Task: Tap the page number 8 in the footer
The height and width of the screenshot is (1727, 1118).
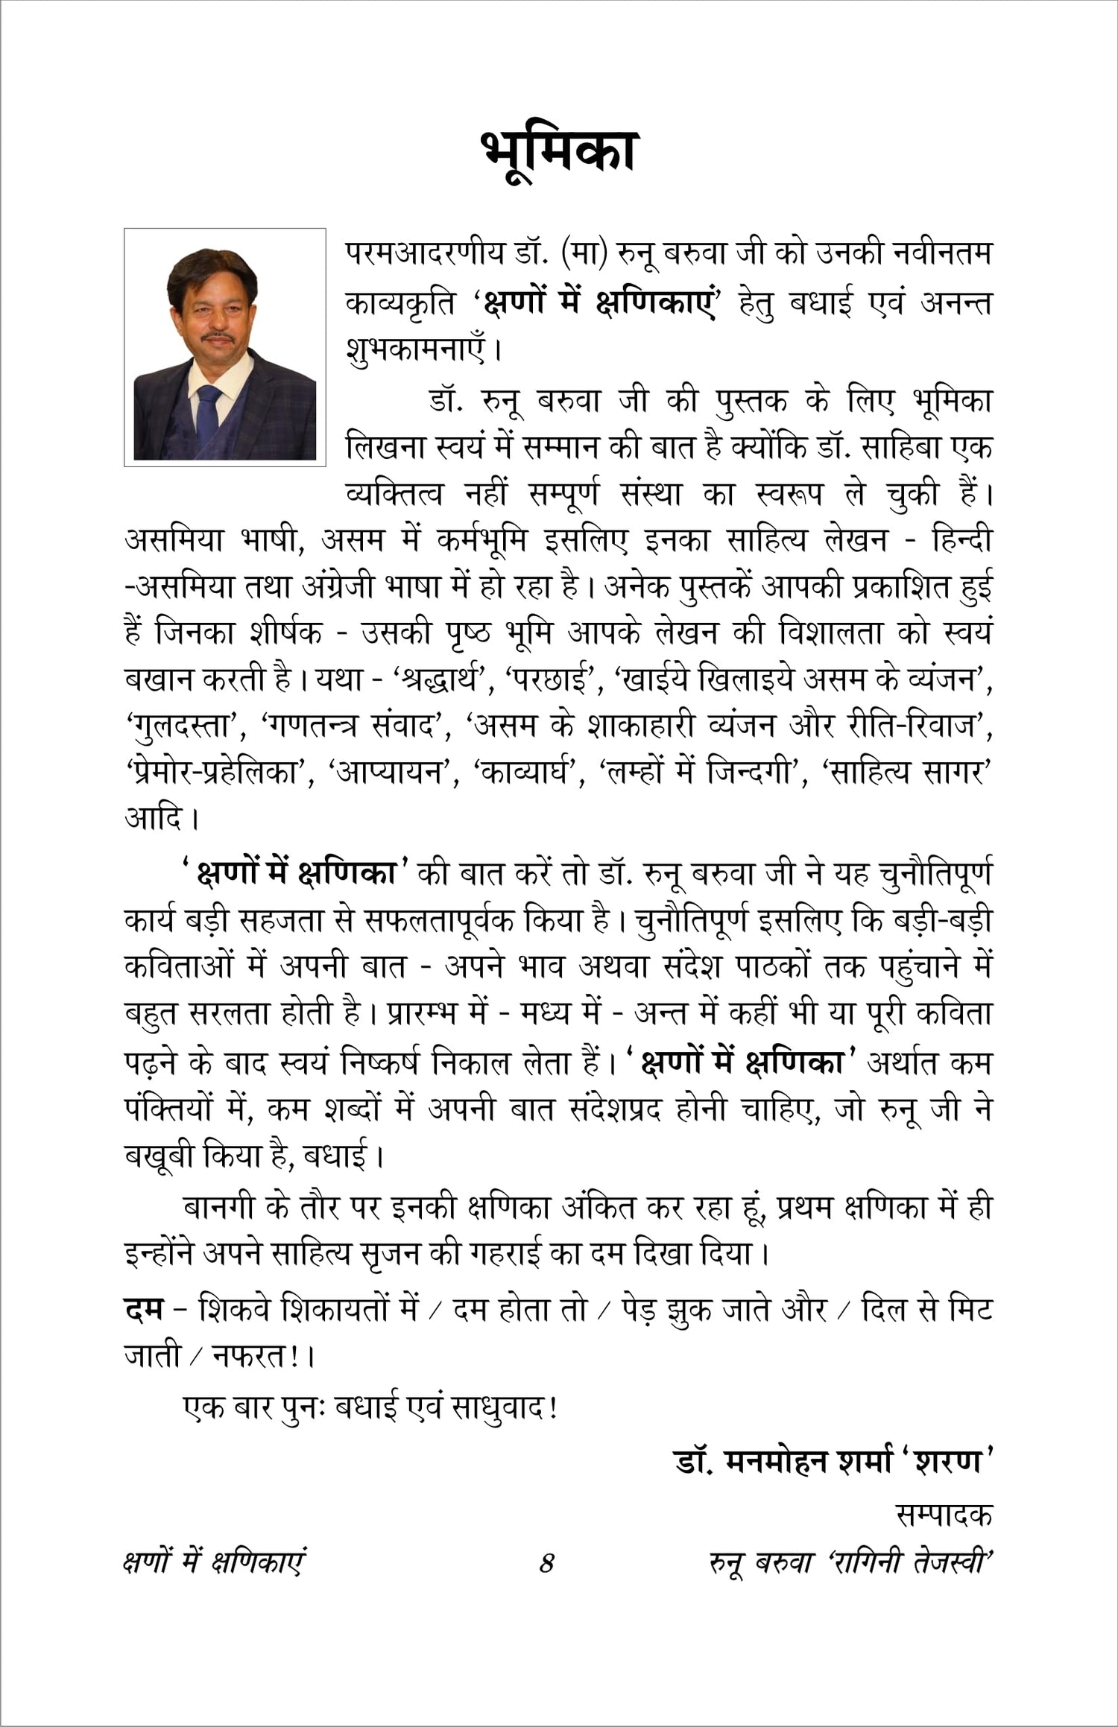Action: pyautogui.click(x=547, y=1562)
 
